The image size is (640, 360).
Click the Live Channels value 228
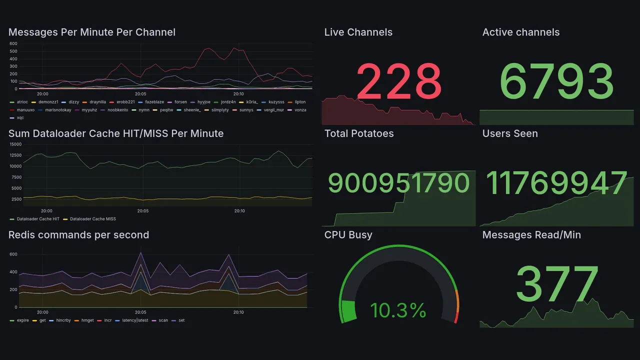coord(398,81)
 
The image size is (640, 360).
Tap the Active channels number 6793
coord(556,81)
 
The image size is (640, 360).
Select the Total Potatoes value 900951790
coord(398,183)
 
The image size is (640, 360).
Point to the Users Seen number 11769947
coord(556,183)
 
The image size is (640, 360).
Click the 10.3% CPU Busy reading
coord(398,310)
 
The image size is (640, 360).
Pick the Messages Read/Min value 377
coord(556,284)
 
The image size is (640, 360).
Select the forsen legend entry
coord(180,102)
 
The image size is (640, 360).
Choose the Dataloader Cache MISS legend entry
coord(91,219)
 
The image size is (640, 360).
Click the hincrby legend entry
coord(63,320)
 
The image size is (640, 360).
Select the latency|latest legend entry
coord(135,320)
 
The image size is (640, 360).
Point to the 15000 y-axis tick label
coord(15,144)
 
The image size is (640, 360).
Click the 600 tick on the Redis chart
coord(13,254)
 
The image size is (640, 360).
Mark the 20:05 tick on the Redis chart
coord(140,312)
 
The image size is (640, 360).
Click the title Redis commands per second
coord(78,235)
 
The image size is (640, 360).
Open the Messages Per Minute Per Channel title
coord(92,32)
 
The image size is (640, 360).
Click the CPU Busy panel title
coord(348,235)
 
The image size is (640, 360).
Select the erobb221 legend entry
coord(125,102)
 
